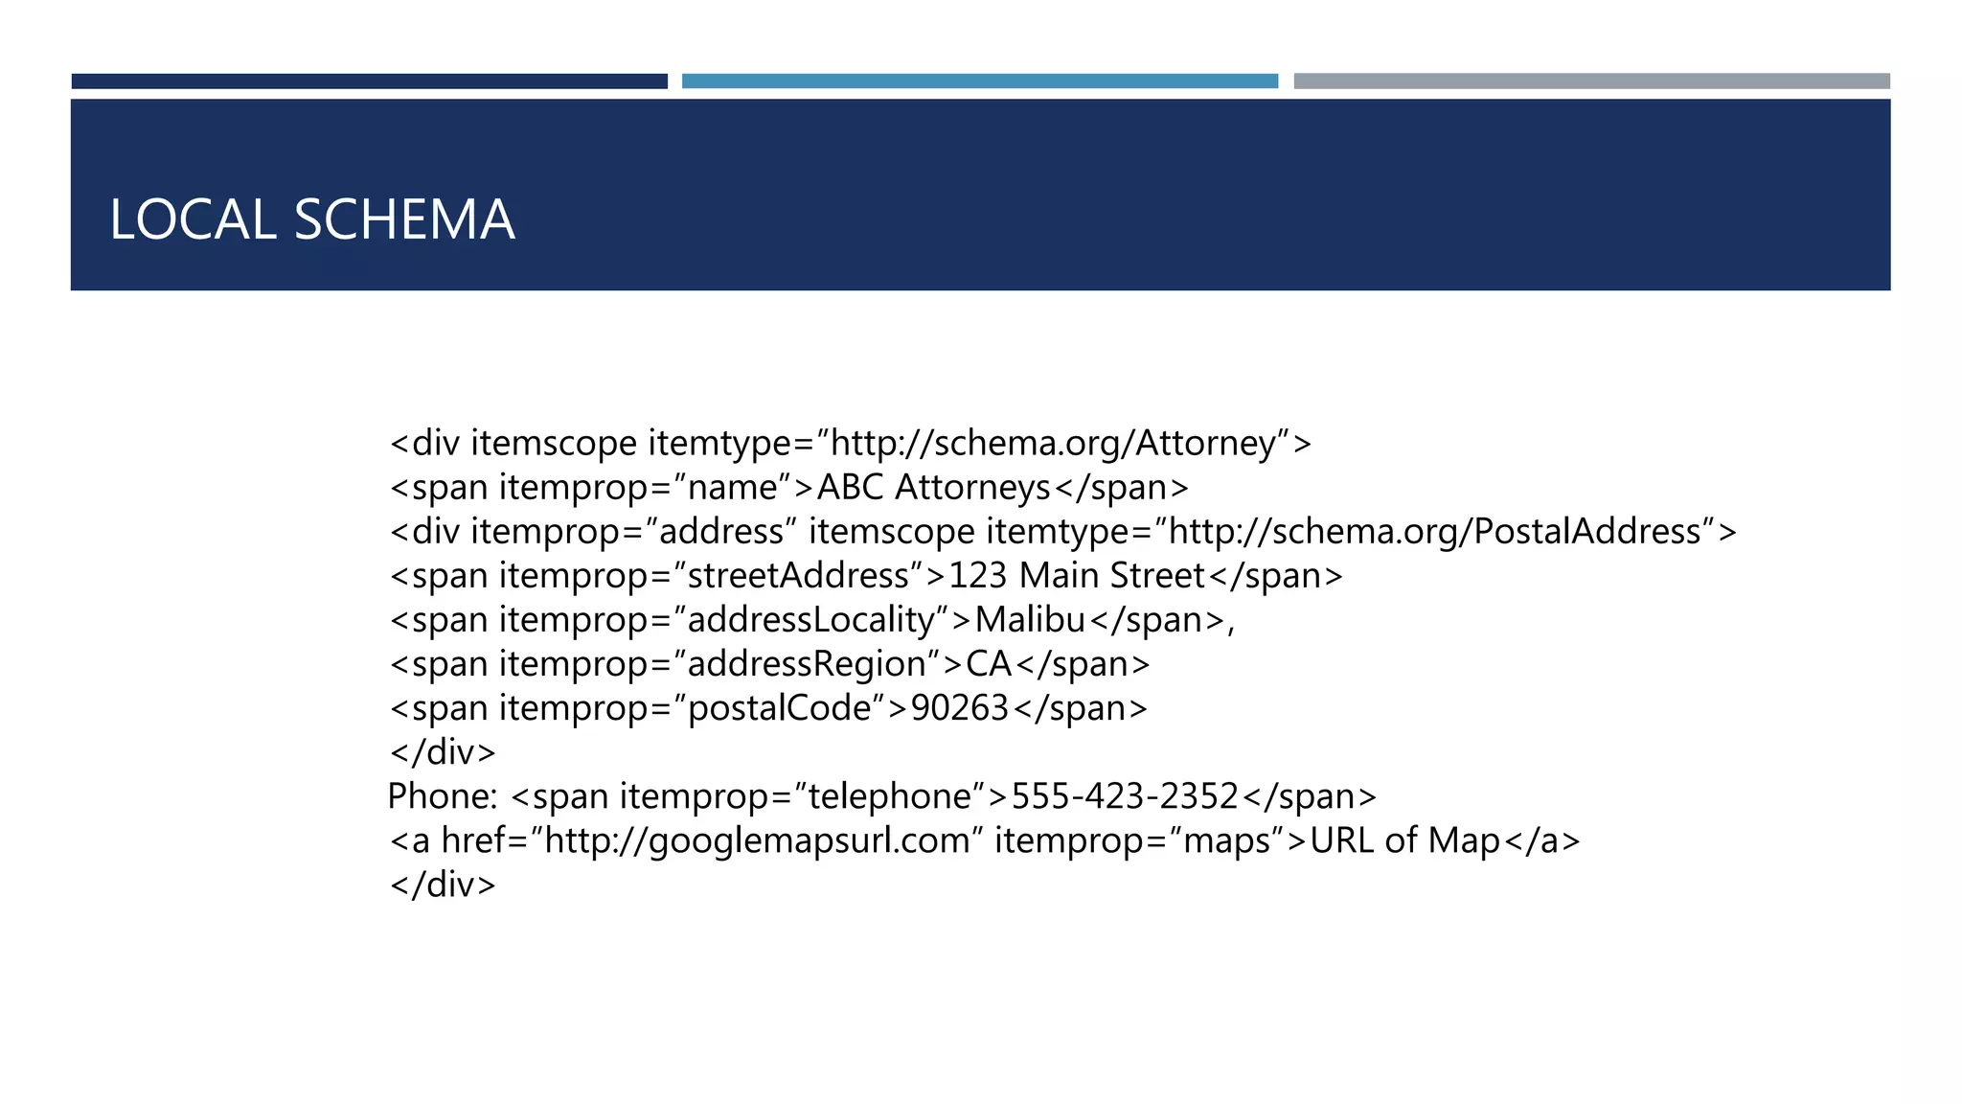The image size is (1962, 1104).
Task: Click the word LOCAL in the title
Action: (x=192, y=219)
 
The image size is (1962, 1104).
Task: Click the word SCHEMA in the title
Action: (x=404, y=219)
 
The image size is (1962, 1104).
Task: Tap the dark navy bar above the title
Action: (x=369, y=81)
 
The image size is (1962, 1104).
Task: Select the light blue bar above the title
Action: (x=979, y=81)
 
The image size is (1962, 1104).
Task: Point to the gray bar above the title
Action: (x=1591, y=81)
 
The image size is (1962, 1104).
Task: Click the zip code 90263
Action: (x=959, y=708)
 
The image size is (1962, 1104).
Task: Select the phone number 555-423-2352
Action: (x=1125, y=796)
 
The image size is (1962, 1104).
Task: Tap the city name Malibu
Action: (x=1030, y=620)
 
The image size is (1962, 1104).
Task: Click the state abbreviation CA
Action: (x=989, y=664)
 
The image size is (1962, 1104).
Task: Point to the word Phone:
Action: (x=442, y=796)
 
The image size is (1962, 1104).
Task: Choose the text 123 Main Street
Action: (x=1076, y=576)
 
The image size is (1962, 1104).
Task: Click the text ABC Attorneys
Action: (x=933, y=488)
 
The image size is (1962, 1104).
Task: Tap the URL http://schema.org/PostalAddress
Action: (x=1434, y=532)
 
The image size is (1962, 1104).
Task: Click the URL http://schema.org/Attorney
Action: (x=1053, y=444)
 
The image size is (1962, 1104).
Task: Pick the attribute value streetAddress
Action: (x=798, y=576)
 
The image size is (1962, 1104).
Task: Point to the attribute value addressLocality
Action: (x=810, y=620)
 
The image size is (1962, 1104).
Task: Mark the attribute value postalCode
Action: (x=779, y=708)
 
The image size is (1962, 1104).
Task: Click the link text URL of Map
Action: (x=1404, y=840)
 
